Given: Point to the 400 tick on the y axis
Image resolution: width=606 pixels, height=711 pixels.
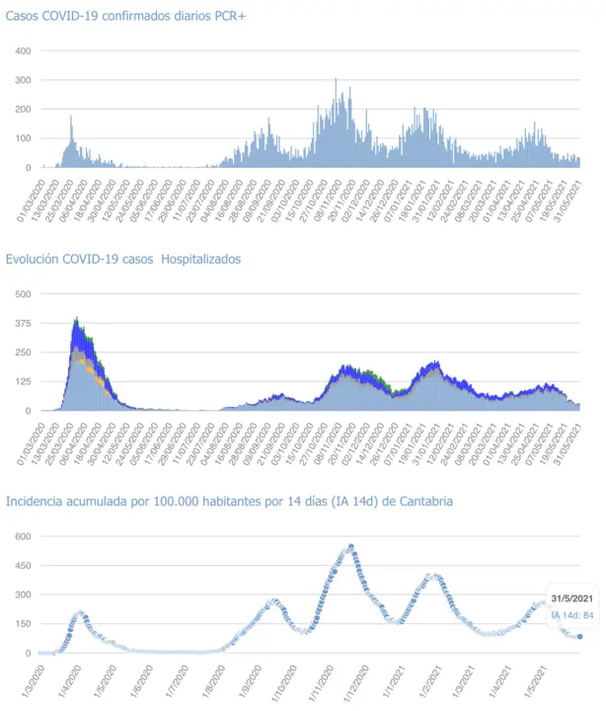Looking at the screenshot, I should coord(22,50).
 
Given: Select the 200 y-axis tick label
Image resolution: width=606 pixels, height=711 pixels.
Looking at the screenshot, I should coord(22,109).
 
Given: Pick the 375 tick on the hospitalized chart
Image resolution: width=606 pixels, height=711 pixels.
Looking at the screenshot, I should coord(22,323).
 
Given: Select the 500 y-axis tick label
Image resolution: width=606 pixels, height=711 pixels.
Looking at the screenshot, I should coord(22,294).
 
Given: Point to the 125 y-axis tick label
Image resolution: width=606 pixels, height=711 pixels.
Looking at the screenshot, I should coord(22,381).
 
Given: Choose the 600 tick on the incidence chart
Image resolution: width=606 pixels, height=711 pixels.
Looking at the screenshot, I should coord(22,536).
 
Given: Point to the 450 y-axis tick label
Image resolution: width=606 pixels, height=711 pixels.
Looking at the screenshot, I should coord(22,566).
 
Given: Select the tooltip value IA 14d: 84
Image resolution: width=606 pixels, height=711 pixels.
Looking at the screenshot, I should coord(571,616).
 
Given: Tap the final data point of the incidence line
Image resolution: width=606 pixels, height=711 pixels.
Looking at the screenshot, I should coord(579,637).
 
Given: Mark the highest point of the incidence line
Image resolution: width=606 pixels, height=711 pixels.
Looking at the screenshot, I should coord(350,547).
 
